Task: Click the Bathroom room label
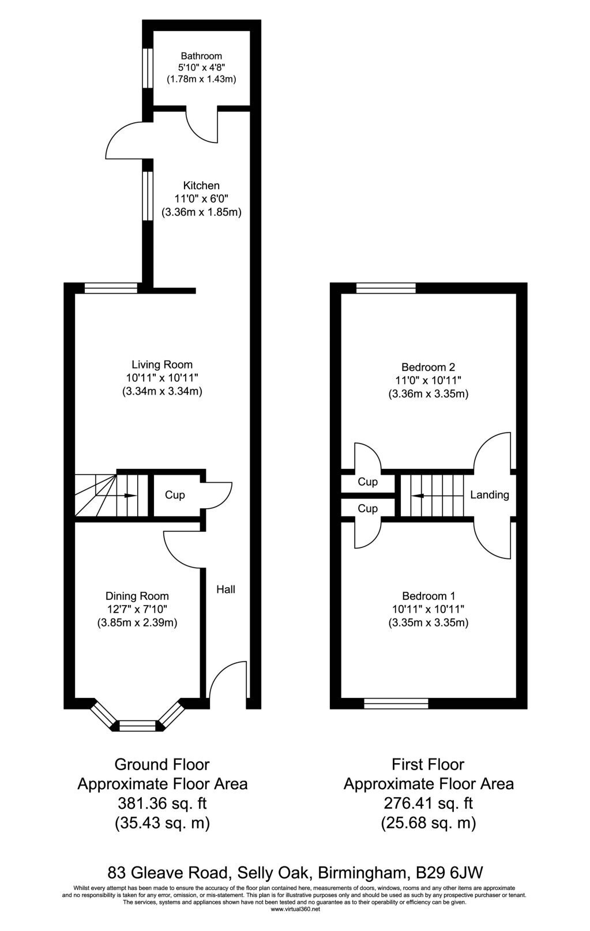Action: (201, 56)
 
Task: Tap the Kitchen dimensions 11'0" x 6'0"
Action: (201, 198)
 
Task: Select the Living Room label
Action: (162, 365)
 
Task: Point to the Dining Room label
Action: (137, 596)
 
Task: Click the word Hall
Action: (226, 589)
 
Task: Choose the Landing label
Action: (490, 494)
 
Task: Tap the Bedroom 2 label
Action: (428, 367)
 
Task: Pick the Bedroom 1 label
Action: (428, 596)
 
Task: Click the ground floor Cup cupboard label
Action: (175, 495)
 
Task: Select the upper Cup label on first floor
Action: (368, 482)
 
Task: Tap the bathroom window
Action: (148, 68)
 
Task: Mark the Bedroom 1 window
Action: (396, 703)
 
